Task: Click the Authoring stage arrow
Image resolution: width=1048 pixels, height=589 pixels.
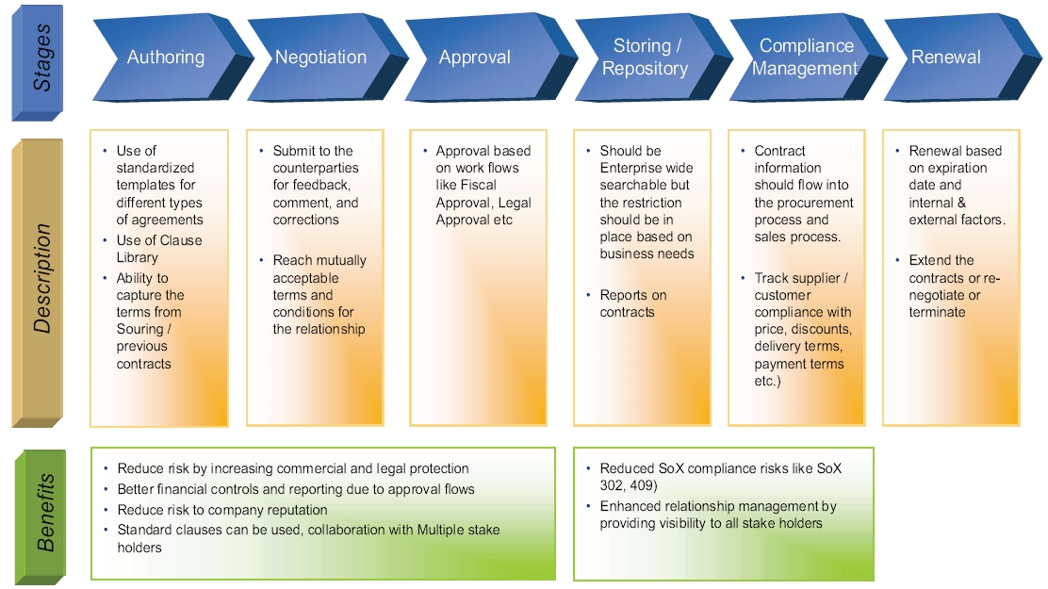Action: point(166,57)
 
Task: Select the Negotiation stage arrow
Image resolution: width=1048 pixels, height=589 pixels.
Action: point(320,57)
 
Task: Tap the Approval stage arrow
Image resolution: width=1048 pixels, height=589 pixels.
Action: point(475,57)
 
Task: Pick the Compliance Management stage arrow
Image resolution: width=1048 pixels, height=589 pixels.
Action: point(806,57)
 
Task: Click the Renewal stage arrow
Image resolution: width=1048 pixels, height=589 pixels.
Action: point(946,57)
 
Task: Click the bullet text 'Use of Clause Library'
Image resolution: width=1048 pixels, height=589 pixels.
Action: point(158,249)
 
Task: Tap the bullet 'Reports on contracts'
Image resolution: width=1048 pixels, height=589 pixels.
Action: point(632,303)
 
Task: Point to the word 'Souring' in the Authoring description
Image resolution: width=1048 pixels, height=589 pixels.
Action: point(140,329)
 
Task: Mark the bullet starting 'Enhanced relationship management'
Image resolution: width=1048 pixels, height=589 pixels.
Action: point(717,515)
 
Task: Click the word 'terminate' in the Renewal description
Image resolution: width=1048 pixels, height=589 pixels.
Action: point(937,312)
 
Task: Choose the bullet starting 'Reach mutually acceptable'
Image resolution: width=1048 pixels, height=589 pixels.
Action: point(319,294)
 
